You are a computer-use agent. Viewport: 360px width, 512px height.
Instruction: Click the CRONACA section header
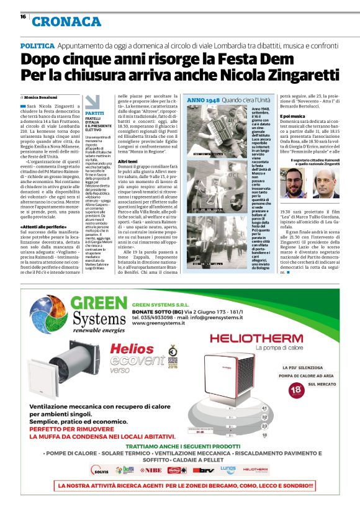click(x=66, y=22)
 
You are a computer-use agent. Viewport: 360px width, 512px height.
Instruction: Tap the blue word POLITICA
click(x=37, y=47)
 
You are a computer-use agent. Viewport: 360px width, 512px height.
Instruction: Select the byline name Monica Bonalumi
click(x=44, y=98)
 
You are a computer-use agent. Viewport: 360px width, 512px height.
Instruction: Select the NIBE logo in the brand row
click(x=150, y=470)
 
